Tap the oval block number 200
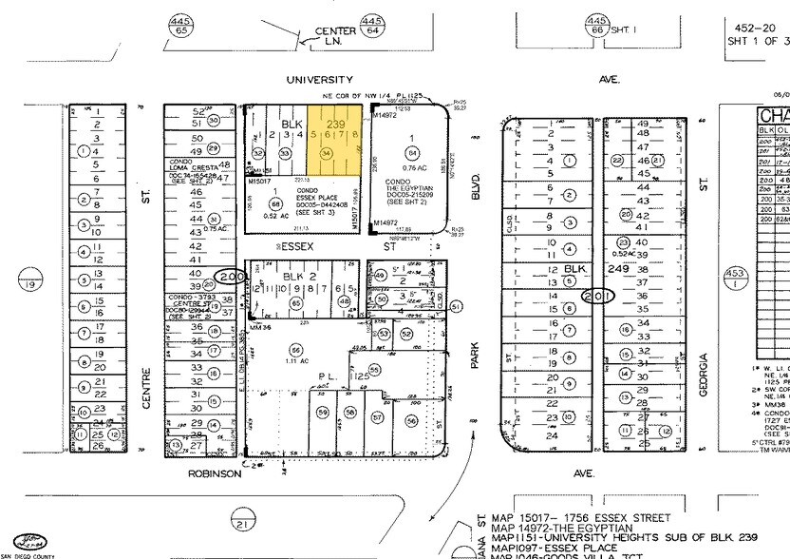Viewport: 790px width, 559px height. tap(229, 278)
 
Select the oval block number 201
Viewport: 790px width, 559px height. tap(600, 296)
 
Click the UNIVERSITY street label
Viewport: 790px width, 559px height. tap(320, 80)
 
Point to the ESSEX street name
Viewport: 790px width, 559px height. tap(295, 245)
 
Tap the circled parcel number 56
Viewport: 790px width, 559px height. tap(411, 420)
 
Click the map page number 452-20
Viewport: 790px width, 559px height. tap(756, 29)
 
